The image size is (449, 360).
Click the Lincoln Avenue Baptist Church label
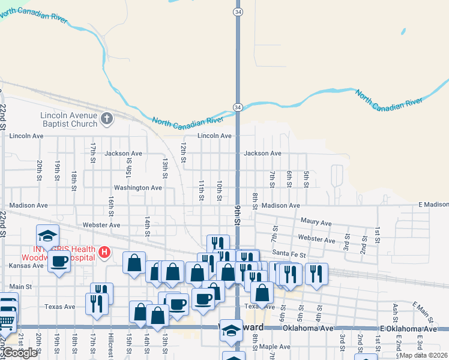68,119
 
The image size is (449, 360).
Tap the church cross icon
107,118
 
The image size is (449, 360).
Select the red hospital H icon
105,252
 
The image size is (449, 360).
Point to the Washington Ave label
138,188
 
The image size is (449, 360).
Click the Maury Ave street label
316,223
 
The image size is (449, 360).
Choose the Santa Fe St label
289,254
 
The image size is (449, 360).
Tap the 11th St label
202,190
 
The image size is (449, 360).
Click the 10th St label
220,190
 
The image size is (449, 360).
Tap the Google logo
20,353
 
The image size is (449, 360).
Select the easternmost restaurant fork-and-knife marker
316,273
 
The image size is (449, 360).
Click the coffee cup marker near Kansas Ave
59,261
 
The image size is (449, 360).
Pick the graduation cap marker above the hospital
48,235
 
